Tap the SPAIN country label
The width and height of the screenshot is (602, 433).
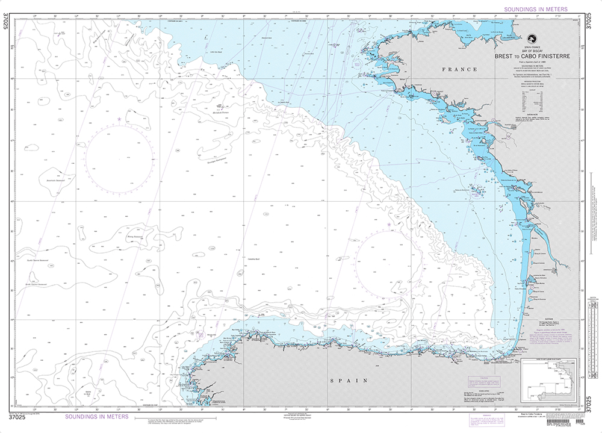[x=349, y=381]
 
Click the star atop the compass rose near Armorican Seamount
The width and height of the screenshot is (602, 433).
[x=119, y=120]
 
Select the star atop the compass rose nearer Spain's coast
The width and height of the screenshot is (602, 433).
[x=389, y=226]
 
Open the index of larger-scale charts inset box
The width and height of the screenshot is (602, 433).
[x=549, y=379]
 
